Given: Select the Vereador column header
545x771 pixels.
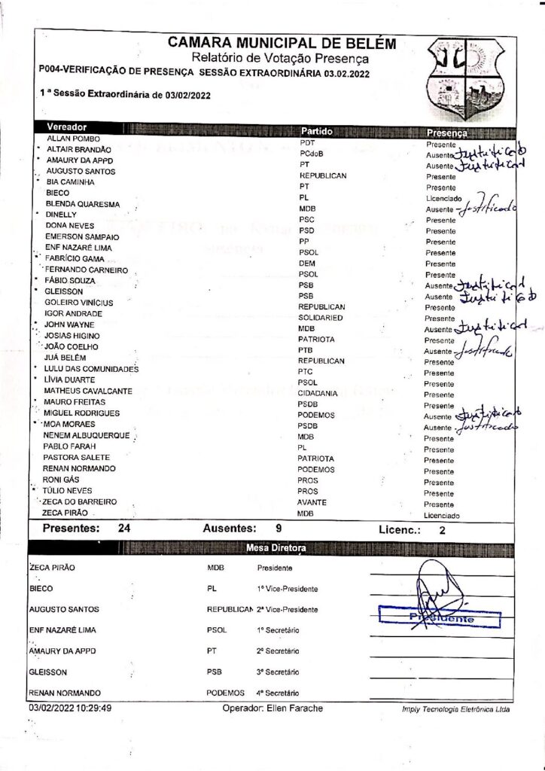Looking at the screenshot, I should coord(67,127).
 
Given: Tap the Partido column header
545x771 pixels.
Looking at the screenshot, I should coord(321,131).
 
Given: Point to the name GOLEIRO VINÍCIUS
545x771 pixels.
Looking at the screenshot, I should coord(79,303).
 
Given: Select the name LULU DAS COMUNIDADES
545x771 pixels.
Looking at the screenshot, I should coord(91,369).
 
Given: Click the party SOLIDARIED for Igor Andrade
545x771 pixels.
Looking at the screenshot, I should coord(321,318).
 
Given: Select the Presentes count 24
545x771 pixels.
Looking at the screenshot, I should coord(125,529).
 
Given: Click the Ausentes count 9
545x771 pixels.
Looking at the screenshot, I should coord(279,529).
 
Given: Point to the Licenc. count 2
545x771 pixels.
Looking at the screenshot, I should coord(441,531).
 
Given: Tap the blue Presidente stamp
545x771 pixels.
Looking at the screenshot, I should coord(440,618).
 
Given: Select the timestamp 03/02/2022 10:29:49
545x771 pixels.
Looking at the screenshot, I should coord(71,708).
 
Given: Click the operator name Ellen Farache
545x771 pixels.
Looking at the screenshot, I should coord(297,709).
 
